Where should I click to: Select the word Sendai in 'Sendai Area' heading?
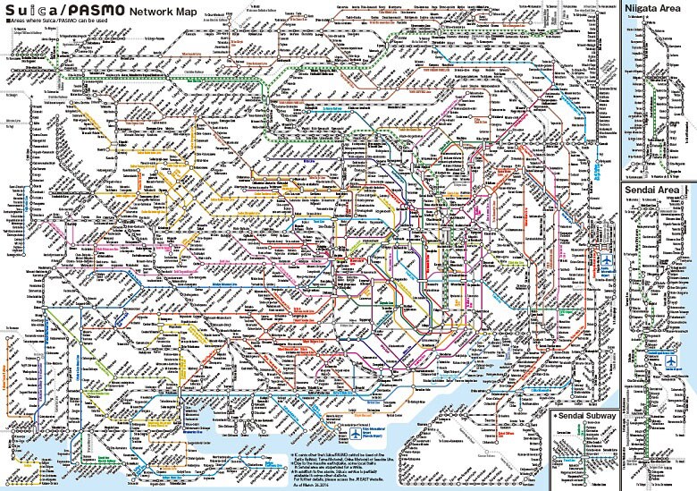(642, 191)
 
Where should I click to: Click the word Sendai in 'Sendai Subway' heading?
(575, 417)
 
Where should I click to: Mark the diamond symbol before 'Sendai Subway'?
(556, 417)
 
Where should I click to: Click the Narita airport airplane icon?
(610, 258)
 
